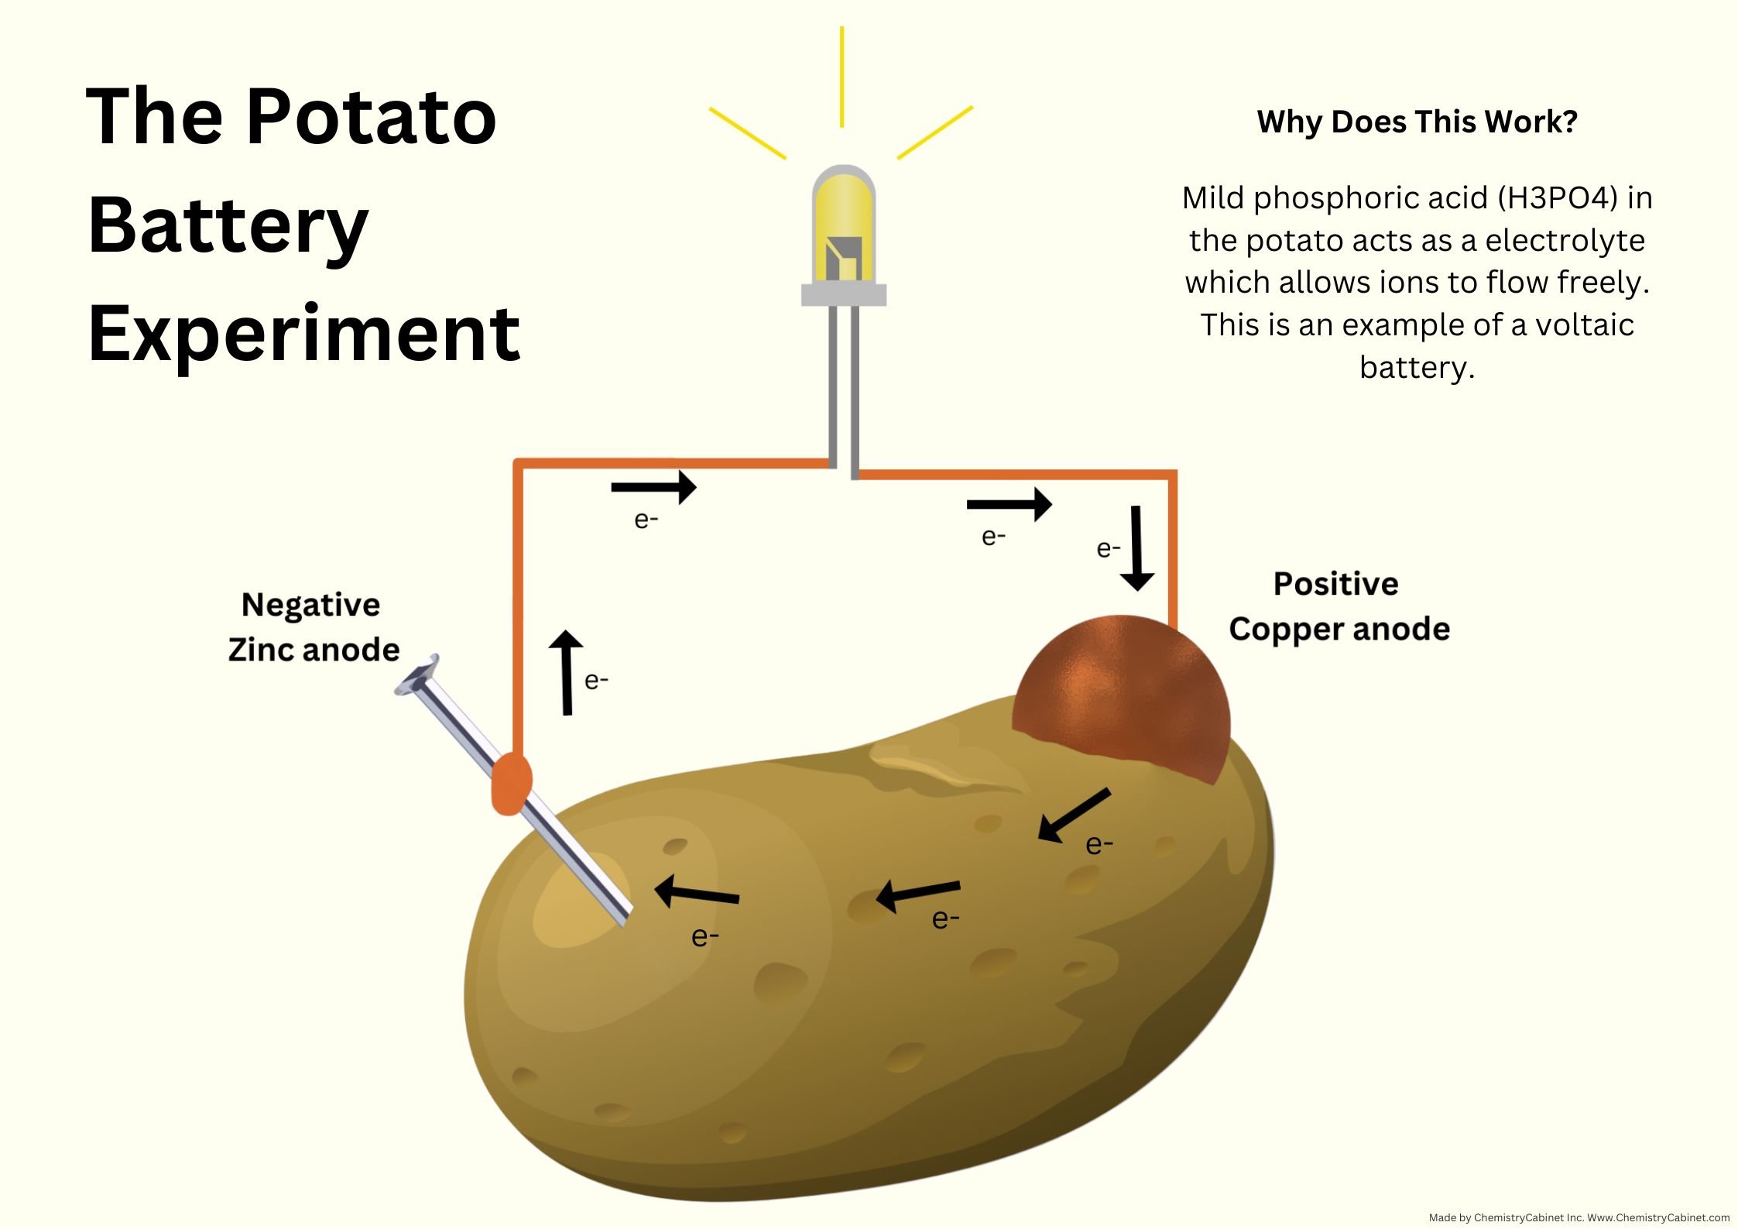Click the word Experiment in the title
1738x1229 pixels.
(303, 334)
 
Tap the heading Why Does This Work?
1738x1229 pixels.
(1417, 122)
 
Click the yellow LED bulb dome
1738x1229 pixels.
(843, 225)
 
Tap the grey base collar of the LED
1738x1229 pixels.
(843, 294)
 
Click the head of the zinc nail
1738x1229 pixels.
(418, 675)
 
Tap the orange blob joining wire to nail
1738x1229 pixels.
(511, 784)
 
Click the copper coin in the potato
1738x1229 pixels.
(1121, 697)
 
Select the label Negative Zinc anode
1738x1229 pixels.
(313, 627)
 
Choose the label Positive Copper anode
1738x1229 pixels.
(1339, 606)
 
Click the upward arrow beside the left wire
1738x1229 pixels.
(567, 672)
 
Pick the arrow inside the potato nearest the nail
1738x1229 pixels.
(697, 893)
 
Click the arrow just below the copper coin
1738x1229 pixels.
(1073, 815)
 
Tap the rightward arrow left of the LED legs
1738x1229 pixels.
(653, 487)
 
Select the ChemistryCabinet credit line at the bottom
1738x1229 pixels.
(1579, 1217)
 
